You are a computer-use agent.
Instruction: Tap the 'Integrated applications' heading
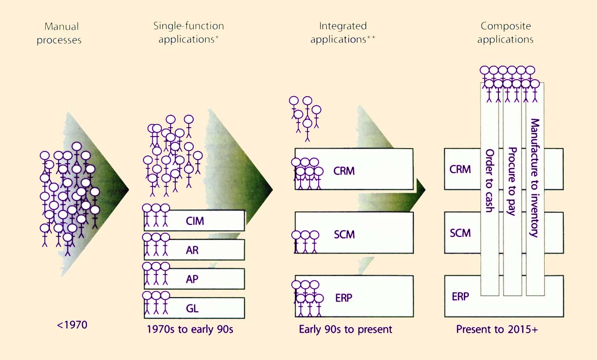[343, 32]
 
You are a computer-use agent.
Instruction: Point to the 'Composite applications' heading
[505, 32]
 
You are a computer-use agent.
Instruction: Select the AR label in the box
[192, 250]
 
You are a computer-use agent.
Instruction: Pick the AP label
[192, 279]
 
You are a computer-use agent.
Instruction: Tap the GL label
[192, 308]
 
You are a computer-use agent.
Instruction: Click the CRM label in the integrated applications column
[344, 171]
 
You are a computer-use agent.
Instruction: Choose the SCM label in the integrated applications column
[344, 234]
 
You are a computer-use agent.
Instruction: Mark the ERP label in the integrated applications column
[343, 298]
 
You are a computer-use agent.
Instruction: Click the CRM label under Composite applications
[460, 169]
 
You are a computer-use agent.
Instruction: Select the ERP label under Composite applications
[460, 296]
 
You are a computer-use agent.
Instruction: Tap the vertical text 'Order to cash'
[489, 180]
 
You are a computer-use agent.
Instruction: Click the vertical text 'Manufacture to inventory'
[535, 178]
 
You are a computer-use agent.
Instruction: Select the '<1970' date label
[72, 325]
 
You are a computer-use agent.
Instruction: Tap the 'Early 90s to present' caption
[345, 329]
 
